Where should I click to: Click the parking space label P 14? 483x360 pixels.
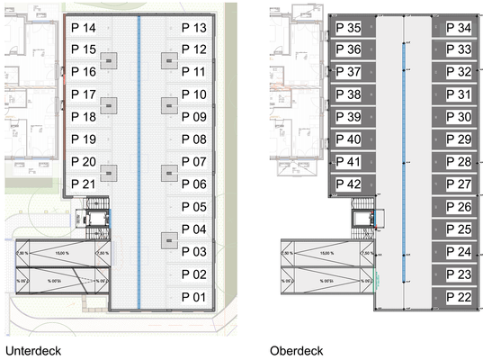84,28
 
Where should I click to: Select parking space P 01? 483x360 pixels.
194,296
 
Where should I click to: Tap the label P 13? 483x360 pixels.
194,28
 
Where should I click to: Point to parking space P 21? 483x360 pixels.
84,184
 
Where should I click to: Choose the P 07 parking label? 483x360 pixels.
194,162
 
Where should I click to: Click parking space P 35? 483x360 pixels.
348,29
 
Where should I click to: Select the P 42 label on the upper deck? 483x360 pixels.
348,184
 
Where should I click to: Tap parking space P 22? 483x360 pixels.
459,297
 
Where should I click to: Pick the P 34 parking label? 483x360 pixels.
459,29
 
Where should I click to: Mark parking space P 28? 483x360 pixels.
459,162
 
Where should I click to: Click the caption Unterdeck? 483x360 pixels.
33,349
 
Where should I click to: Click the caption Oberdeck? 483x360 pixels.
296,349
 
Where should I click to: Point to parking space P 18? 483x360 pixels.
84,117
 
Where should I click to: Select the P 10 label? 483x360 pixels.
194,94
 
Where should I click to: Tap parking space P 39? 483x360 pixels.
348,117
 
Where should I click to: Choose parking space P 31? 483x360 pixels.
459,94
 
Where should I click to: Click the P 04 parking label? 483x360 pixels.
194,229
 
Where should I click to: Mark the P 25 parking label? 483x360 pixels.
459,229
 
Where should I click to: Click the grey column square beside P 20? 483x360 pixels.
109,172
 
